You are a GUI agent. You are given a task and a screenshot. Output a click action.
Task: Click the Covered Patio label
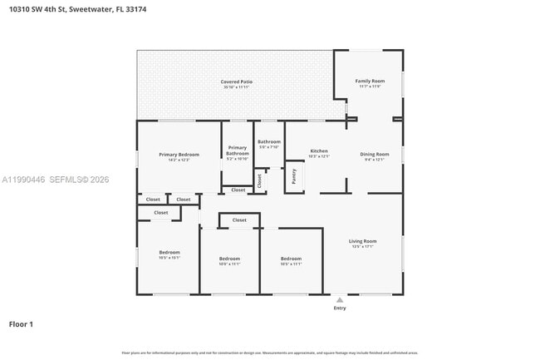237,81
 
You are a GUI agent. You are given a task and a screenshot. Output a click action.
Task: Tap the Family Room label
370,81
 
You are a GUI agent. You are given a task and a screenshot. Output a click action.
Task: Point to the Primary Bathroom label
238,150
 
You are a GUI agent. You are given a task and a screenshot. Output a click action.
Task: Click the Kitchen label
319,150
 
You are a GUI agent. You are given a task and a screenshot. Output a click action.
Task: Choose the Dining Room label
374,154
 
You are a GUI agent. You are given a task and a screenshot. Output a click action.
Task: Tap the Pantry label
294,176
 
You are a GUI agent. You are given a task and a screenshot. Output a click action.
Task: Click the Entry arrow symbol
339,298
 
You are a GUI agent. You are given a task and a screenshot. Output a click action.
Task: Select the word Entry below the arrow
339,308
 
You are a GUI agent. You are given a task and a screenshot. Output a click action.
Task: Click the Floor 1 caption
21,323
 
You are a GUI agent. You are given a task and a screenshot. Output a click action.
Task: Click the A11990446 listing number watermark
22,179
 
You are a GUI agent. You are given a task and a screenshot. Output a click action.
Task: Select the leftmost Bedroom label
169,252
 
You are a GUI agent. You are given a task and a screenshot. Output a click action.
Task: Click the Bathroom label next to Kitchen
269,141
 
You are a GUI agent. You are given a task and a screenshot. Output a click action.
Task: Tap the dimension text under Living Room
363,246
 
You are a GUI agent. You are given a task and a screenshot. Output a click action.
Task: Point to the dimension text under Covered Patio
237,86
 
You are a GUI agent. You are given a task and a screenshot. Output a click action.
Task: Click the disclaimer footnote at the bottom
270,353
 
